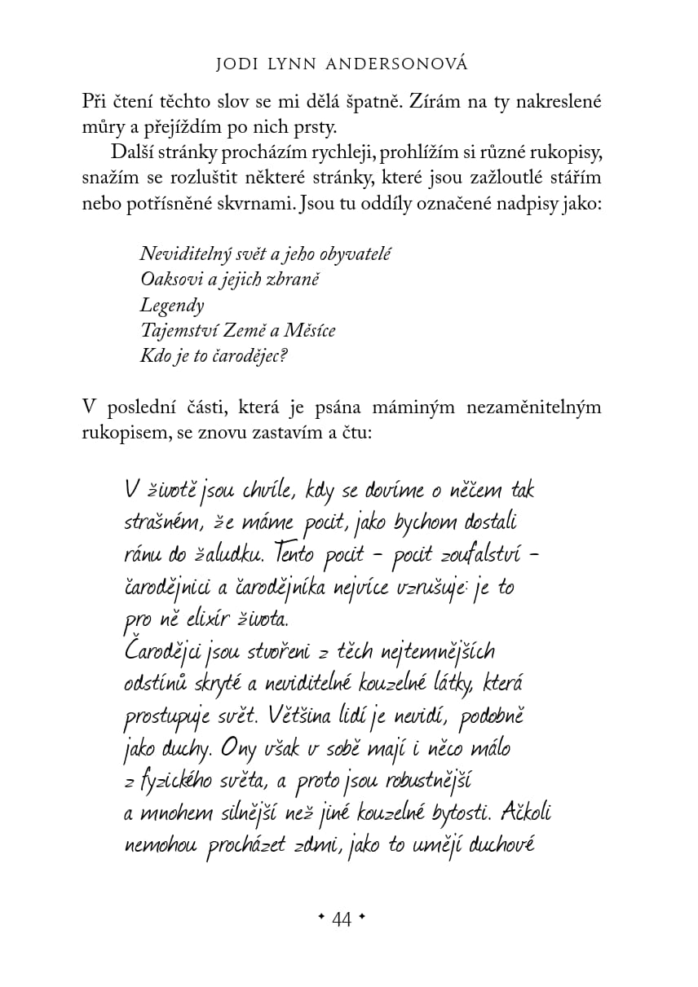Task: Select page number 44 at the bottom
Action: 341,920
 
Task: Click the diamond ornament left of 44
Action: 321,918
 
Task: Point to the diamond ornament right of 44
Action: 361,918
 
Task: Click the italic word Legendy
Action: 172,306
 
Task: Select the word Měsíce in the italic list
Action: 309,331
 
